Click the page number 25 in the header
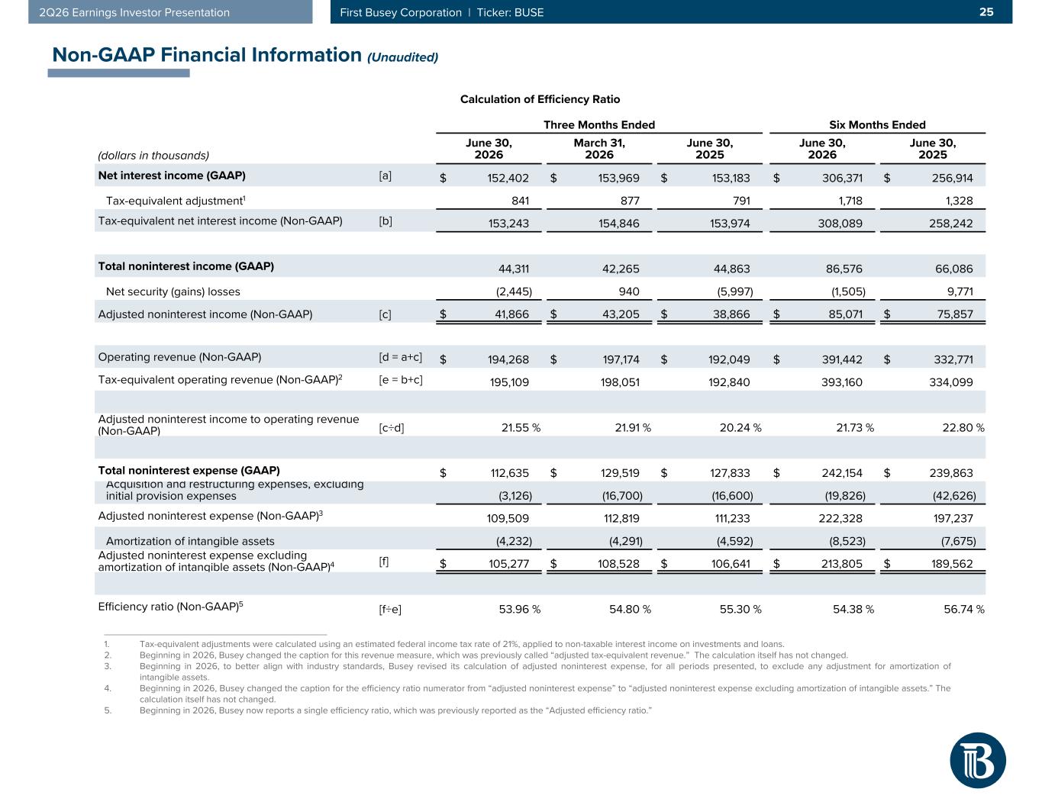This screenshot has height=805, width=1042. click(986, 12)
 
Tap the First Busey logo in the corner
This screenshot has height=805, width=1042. click(977, 760)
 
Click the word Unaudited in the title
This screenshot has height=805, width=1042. click(403, 57)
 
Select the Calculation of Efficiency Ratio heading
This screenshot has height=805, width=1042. click(540, 99)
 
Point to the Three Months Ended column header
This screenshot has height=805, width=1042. click(599, 125)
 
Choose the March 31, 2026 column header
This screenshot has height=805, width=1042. click(599, 149)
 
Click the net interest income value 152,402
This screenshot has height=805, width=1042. click(508, 179)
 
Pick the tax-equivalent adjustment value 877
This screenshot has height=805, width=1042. click(630, 201)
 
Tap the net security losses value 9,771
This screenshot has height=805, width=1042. click(960, 291)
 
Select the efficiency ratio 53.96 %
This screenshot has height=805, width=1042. click(519, 609)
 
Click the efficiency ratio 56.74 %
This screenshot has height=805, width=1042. click(964, 609)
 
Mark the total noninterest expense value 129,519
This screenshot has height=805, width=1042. click(620, 473)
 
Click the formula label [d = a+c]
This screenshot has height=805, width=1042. click(401, 357)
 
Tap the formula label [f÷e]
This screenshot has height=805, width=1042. click(390, 610)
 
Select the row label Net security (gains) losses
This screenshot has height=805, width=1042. click(173, 291)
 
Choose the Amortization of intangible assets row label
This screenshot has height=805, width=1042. click(190, 541)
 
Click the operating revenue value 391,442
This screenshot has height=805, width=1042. click(842, 359)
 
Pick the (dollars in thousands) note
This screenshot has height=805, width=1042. click(153, 156)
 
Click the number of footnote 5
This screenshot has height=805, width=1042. click(108, 710)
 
